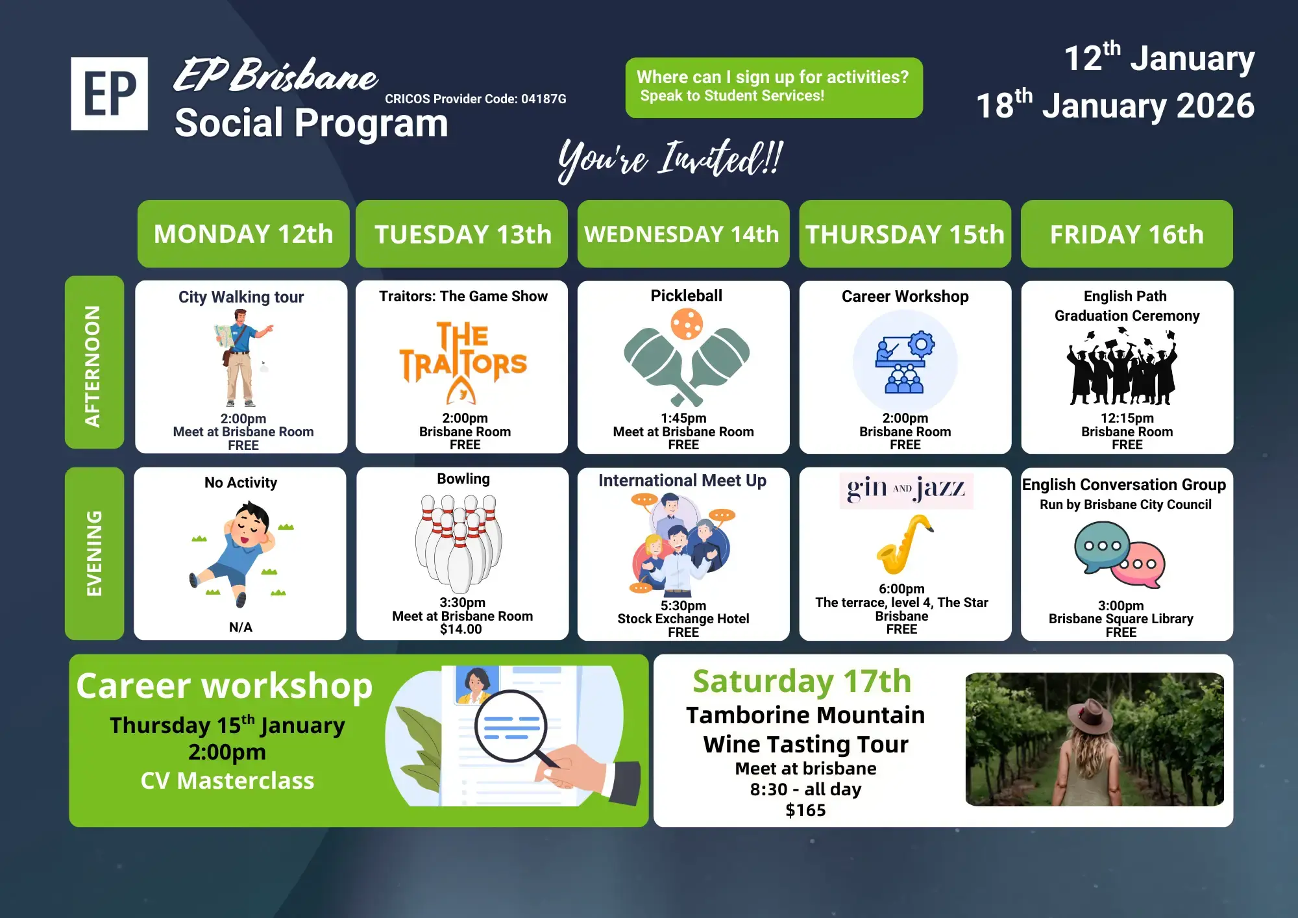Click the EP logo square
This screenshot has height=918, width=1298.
pyautogui.click(x=109, y=93)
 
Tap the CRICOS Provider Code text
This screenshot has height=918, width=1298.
pyautogui.click(x=475, y=99)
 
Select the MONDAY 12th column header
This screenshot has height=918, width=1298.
pyautogui.click(x=243, y=234)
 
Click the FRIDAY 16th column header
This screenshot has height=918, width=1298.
pyautogui.click(x=1127, y=234)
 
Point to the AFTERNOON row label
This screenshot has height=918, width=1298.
pyautogui.click(x=94, y=362)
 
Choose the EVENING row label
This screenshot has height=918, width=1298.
pyautogui.click(x=94, y=553)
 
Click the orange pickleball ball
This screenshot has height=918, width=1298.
pyautogui.click(x=687, y=324)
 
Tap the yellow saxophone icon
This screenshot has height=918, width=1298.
pyautogui.click(x=903, y=544)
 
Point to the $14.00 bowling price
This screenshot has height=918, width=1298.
pyautogui.click(x=461, y=629)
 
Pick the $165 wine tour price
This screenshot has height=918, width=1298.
pyautogui.click(x=805, y=810)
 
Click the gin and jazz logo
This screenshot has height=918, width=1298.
pyautogui.click(x=906, y=490)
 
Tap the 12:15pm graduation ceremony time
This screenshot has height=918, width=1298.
pyautogui.click(x=1127, y=418)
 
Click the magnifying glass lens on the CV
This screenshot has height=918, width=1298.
pyautogui.click(x=511, y=726)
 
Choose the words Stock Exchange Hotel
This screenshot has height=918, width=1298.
pyautogui.click(x=683, y=619)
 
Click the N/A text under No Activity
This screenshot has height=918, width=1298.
pyautogui.click(x=241, y=627)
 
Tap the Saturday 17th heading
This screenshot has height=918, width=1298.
pyautogui.click(x=802, y=682)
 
